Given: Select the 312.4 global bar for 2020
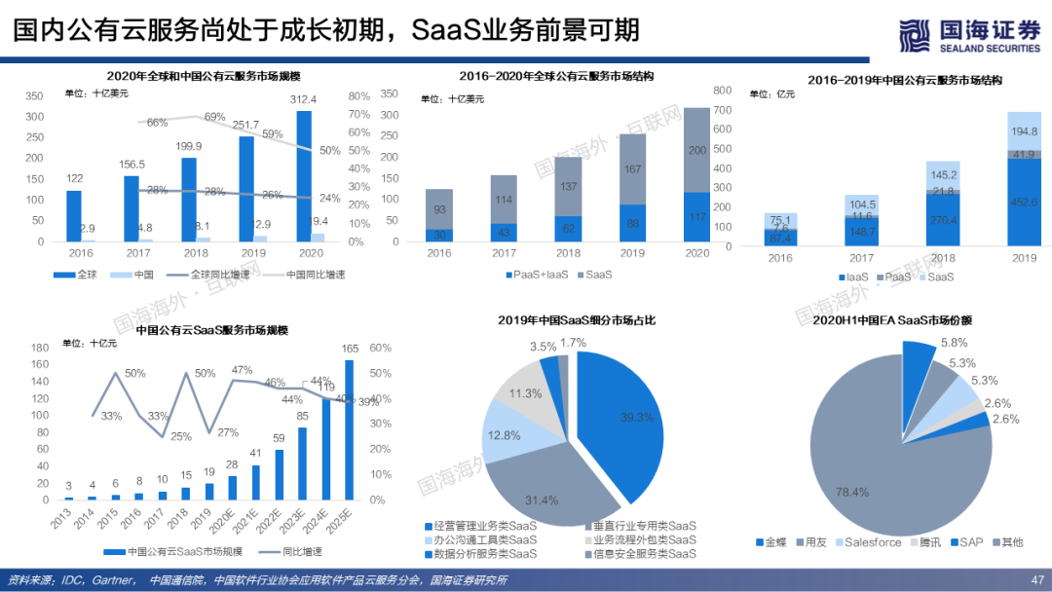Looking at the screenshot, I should tap(304, 175).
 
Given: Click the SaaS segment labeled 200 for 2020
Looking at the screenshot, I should tap(696, 150).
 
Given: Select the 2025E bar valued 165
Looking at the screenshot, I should tap(349, 429).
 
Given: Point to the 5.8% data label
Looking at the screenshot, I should tap(954, 343).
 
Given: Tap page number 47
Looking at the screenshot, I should tap(1036, 580).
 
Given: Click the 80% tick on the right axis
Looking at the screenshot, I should tap(358, 96).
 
